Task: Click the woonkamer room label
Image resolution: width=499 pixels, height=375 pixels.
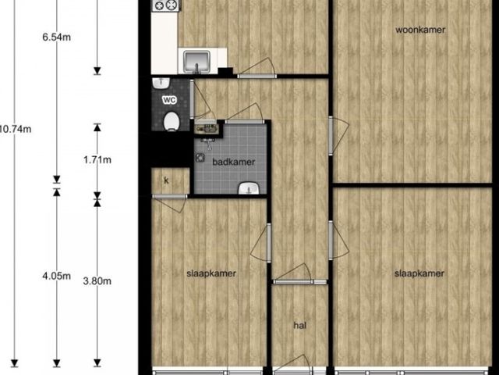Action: pyautogui.click(x=420, y=30)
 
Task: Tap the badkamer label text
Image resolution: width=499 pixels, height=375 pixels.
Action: pyautogui.click(x=234, y=162)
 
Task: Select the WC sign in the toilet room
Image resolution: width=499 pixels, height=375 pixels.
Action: pyautogui.click(x=169, y=100)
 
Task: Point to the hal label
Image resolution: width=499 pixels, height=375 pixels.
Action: pyautogui.click(x=299, y=325)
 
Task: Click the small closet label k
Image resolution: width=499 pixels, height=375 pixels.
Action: pyautogui.click(x=166, y=180)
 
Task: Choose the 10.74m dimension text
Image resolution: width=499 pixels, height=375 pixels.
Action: pyautogui.click(x=16, y=129)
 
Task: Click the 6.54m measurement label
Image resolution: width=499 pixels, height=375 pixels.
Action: pyautogui.click(x=57, y=37)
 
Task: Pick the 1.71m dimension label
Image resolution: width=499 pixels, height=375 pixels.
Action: pyautogui.click(x=97, y=159)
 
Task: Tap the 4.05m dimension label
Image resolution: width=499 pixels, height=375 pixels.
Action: pyautogui.click(x=57, y=276)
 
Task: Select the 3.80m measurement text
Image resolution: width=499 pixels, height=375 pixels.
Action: pyautogui.click(x=97, y=281)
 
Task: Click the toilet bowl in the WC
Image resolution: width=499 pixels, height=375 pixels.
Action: pyautogui.click(x=172, y=121)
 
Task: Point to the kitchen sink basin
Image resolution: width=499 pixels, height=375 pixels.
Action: pyautogui.click(x=196, y=61)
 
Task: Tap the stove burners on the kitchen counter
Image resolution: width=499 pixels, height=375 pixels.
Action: pyautogui.click(x=166, y=5)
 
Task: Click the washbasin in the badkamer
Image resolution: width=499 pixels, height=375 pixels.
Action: pyautogui.click(x=249, y=188)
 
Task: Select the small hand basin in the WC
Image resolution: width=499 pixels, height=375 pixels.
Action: pyautogui.click(x=161, y=84)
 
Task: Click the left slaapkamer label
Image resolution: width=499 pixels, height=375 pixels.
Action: pyautogui.click(x=211, y=273)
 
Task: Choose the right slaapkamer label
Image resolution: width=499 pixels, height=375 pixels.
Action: pyautogui.click(x=419, y=273)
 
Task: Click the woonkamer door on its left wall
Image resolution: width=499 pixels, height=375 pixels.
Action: pyautogui.click(x=338, y=136)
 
